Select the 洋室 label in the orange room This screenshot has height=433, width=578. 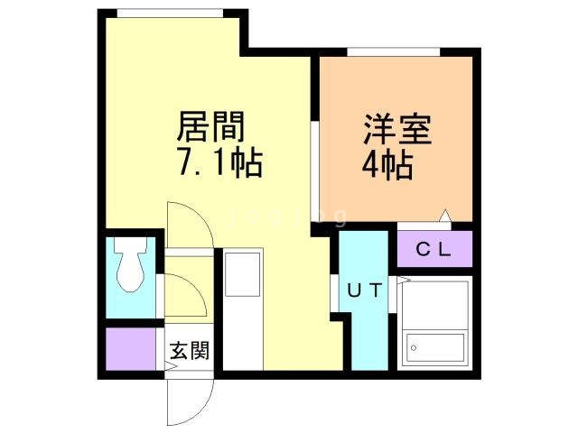pyautogui.click(x=398, y=129)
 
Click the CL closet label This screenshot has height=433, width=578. pyautogui.click(x=433, y=249)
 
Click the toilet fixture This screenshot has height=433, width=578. pyautogui.click(x=132, y=268)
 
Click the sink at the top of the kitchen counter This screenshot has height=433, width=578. pyautogui.click(x=242, y=272)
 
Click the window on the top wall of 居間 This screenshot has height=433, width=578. pyautogui.click(x=170, y=13)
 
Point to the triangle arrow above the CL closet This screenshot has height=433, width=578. pyautogui.click(x=444, y=216)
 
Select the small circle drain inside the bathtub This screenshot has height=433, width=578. pyautogui.click(x=414, y=345)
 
